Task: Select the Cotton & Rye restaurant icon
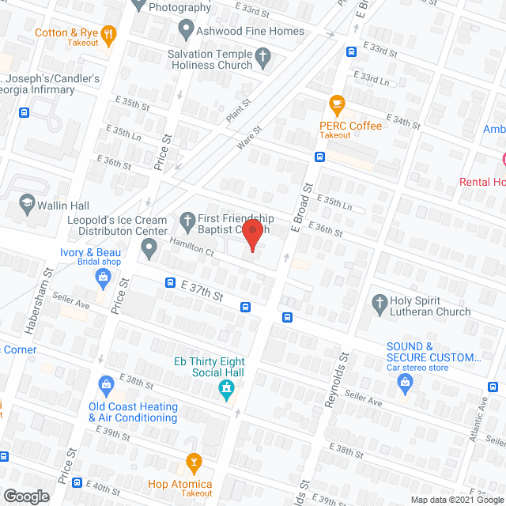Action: (110, 34)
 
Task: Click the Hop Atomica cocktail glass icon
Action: (193, 462)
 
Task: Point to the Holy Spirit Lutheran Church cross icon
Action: (379, 301)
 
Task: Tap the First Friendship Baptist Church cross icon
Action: (187, 218)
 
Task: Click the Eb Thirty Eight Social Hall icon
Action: (226, 388)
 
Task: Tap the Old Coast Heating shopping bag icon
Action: (106, 385)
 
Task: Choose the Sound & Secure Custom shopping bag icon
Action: (406, 383)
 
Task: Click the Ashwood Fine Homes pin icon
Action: (187, 31)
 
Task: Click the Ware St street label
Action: (248, 138)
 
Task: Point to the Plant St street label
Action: (238, 110)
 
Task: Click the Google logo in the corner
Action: (25, 496)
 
